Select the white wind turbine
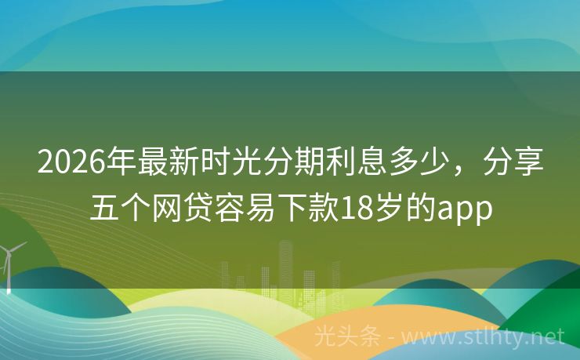(10, 263)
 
